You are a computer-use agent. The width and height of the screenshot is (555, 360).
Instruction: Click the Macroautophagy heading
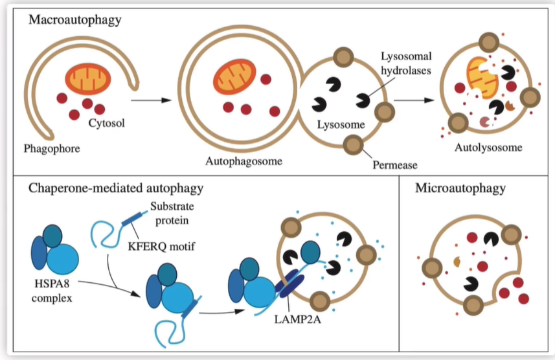tap(74, 20)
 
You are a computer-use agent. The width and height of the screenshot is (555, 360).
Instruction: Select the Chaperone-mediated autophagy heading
tap(116, 188)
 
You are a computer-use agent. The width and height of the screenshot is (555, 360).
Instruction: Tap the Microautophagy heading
tap(460, 188)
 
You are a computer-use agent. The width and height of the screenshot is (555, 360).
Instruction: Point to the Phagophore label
tap(51, 149)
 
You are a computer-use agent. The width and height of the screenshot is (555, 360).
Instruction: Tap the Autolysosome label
tap(488, 147)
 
